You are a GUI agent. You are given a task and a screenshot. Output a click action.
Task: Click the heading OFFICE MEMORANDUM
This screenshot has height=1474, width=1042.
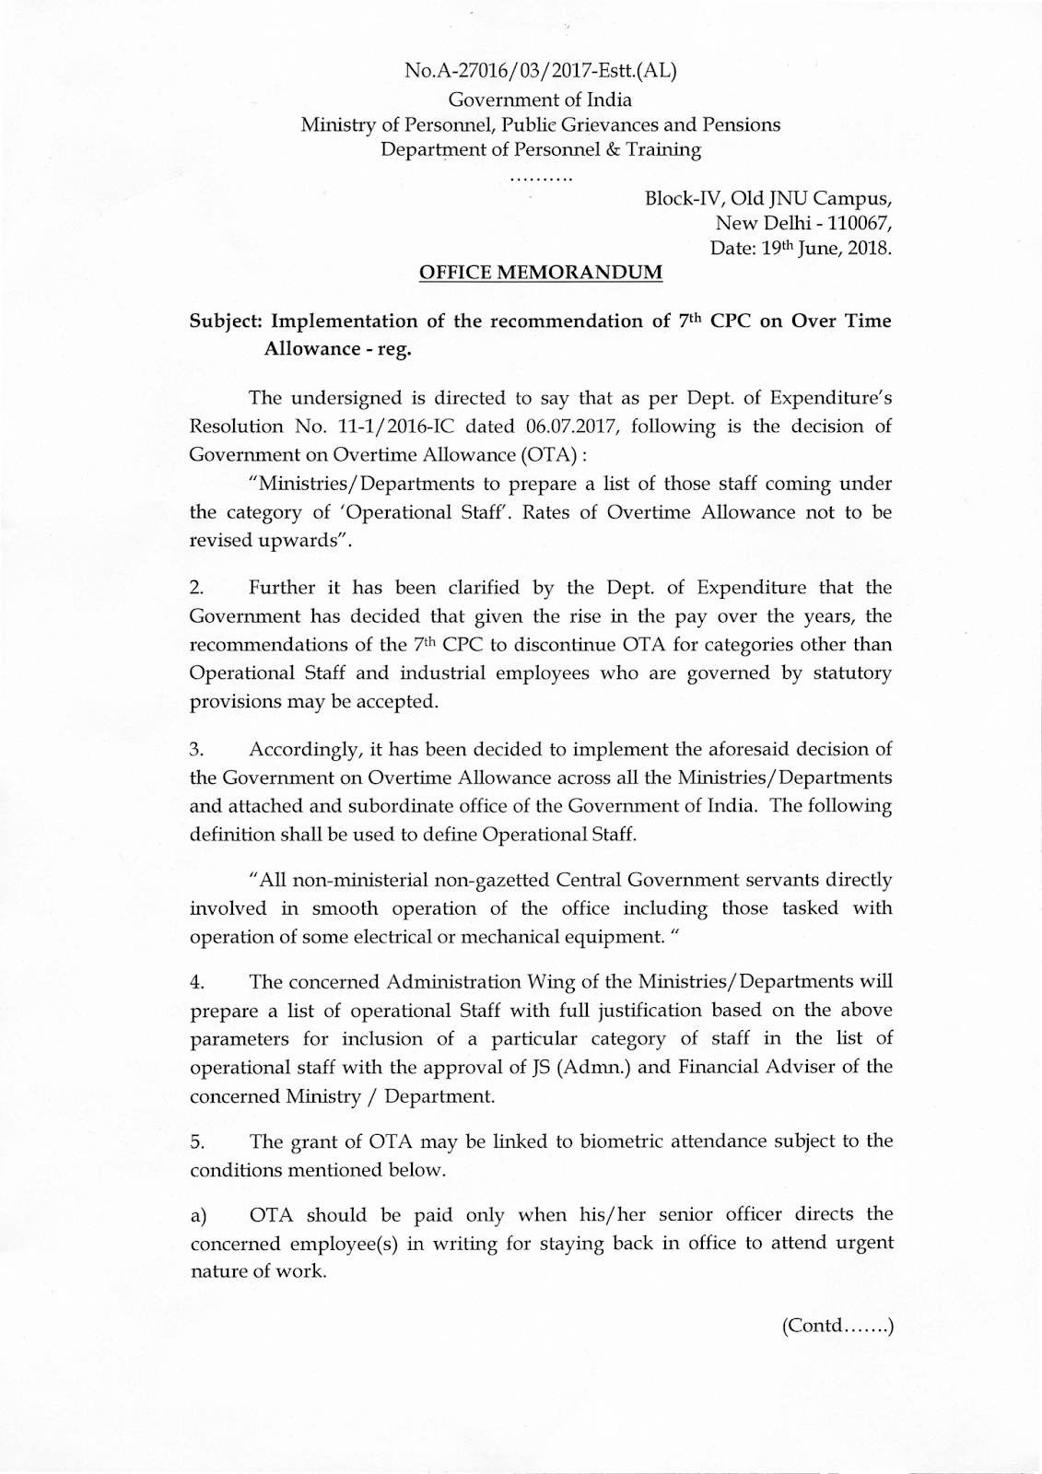[x=540, y=273]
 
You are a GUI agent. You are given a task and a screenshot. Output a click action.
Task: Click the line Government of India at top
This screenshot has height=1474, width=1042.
[x=540, y=99]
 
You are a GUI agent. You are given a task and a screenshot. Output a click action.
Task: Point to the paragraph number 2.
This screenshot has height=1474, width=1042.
[x=196, y=588]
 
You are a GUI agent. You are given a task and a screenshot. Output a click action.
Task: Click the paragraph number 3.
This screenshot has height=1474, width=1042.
[x=196, y=748]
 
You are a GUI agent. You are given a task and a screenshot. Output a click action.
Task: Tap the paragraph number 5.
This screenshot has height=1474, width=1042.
[x=196, y=1141]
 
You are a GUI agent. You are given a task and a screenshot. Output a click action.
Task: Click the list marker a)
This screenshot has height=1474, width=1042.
[x=198, y=1215]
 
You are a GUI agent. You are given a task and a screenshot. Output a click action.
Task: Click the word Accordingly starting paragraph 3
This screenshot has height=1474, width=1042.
[x=308, y=748]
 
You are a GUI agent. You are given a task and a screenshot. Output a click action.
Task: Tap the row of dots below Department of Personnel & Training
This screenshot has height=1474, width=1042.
[x=541, y=175]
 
